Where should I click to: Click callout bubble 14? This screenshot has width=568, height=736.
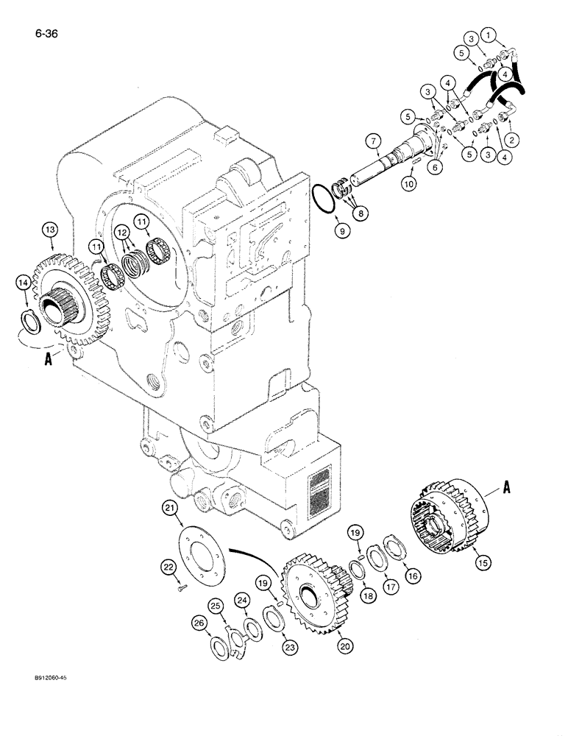click(24, 282)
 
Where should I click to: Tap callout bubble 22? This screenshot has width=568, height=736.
click(168, 565)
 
